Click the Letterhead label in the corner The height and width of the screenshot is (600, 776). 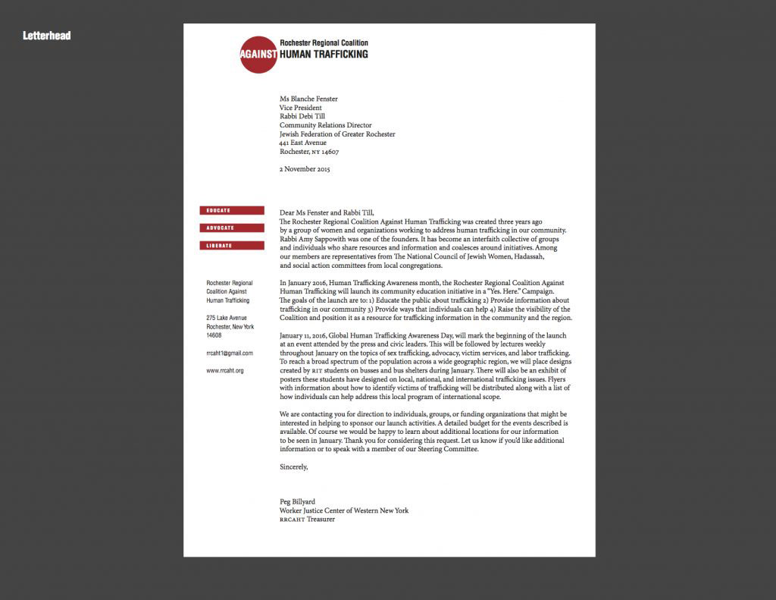click(x=46, y=35)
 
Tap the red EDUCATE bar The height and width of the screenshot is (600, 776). click(x=232, y=210)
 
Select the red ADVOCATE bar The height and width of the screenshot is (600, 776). click(x=232, y=228)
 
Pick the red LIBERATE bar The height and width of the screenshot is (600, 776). click(x=232, y=245)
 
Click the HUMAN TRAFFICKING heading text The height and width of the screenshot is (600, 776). click(x=324, y=55)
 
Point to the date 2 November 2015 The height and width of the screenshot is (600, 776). click(x=305, y=169)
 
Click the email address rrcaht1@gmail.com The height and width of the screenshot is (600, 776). click(x=230, y=353)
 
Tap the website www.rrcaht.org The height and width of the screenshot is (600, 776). click(x=225, y=370)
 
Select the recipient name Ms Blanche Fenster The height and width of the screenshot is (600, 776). click(x=308, y=99)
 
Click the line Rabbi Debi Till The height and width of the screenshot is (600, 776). click(x=303, y=116)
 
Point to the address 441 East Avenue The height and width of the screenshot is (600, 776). click(x=303, y=143)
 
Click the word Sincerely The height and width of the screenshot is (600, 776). click(x=294, y=467)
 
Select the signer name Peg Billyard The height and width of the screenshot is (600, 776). click(x=297, y=502)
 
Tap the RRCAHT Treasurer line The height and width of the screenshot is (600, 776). click(x=307, y=520)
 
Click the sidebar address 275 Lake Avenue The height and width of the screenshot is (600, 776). click(x=227, y=318)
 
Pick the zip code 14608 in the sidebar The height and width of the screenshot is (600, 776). click(x=214, y=335)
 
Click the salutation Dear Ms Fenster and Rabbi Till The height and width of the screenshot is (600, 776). click(x=327, y=212)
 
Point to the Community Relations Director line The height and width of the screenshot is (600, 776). click(x=325, y=125)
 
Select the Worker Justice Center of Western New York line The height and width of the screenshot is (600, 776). click(x=344, y=510)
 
